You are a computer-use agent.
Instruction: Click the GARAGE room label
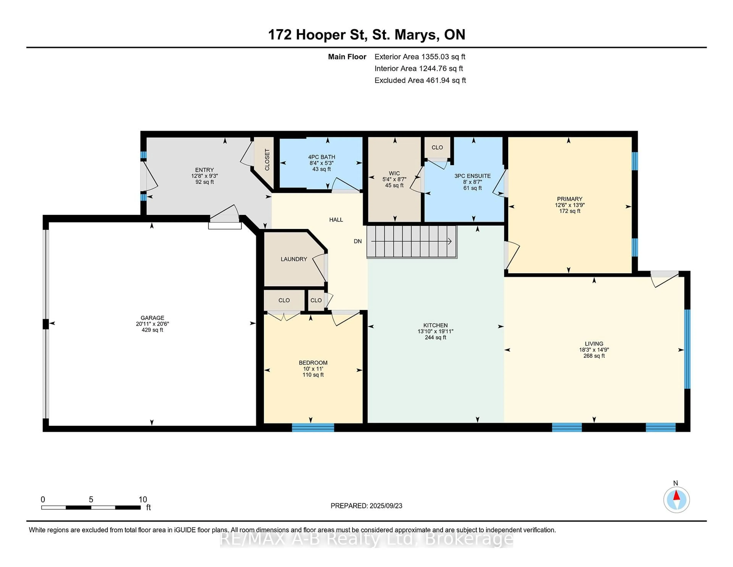[x=152, y=318]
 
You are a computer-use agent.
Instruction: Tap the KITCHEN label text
[x=435, y=325]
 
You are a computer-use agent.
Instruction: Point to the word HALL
[x=336, y=220]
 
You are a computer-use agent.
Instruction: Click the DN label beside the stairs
[x=358, y=241]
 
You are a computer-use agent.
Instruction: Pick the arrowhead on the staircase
[x=450, y=241]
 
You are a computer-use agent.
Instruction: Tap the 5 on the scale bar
[x=91, y=500]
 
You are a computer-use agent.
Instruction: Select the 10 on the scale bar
[x=143, y=500]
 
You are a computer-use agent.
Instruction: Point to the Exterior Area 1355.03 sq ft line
[x=420, y=57]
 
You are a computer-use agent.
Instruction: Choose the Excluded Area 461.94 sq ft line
[x=420, y=80]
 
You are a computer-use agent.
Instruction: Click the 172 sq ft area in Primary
[x=570, y=211]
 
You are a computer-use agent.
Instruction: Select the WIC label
[x=394, y=173]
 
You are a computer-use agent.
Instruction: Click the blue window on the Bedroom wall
[x=313, y=427]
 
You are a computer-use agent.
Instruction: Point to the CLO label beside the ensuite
[x=437, y=147]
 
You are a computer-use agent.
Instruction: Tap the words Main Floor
[x=347, y=57]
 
